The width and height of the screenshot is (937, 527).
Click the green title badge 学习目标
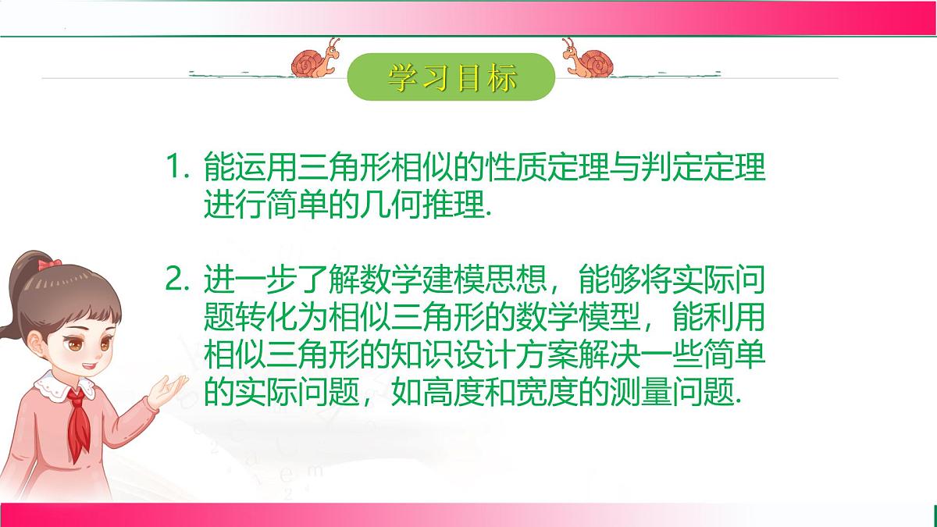point(451,77)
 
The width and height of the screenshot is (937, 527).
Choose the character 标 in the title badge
point(499,77)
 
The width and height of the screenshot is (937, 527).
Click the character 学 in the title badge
point(403,77)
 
